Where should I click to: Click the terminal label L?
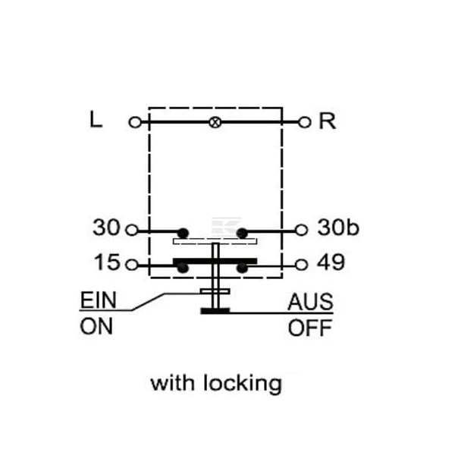pos(96,120)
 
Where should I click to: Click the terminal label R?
pos(327,121)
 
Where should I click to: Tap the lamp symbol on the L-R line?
pos(215,122)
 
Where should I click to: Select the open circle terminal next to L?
pos(135,122)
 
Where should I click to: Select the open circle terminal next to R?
pos(304,122)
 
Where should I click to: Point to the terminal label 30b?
pos(338,227)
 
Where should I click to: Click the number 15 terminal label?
pos(107,262)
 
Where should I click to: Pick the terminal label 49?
pos(331,262)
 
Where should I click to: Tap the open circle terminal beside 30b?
pos(301,230)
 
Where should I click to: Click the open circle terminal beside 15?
pos(131,265)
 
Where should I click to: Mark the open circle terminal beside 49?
pos(301,265)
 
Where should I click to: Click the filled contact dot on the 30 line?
pos(183,233)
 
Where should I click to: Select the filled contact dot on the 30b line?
pos(242,233)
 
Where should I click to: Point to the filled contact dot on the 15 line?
pos(183,268)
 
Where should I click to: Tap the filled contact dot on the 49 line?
pos(242,268)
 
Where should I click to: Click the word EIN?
pos(98,300)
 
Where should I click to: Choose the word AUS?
pos(310,302)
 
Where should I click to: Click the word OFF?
pos(310,328)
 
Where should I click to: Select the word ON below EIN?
pos(96,326)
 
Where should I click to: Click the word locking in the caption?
pos(243,384)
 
